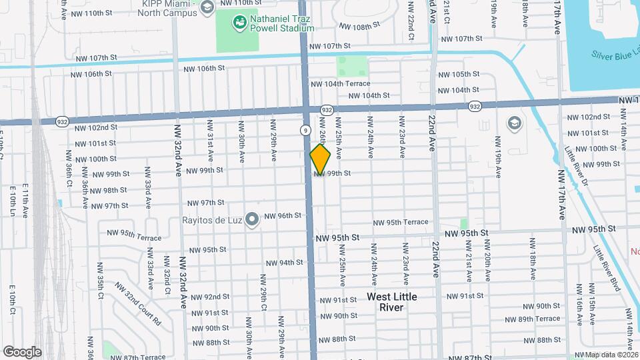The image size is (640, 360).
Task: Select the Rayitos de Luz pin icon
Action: tap(251, 219)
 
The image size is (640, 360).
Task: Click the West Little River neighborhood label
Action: tap(392, 302)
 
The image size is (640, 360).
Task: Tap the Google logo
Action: tap(21, 351)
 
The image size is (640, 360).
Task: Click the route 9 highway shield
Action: tap(305, 131)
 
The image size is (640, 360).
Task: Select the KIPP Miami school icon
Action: tap(207, 7)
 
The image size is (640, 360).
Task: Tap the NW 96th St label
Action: tap(283, 215)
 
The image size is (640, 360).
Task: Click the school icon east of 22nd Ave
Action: tap(514, 123)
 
